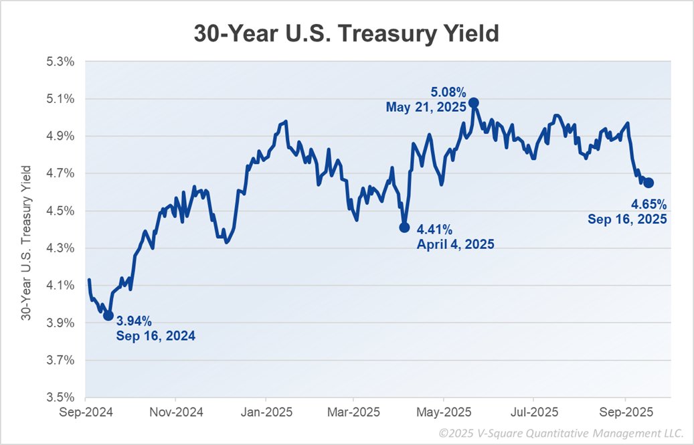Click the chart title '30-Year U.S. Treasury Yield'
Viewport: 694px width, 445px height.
point(346,33)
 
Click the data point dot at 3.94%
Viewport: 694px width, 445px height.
point(108,315)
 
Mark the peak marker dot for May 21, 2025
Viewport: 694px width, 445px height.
point(474,102)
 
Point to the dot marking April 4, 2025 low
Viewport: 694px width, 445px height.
point(404,228)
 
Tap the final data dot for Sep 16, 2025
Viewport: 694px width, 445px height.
point(648,183)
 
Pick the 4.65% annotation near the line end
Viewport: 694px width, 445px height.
point(649,204)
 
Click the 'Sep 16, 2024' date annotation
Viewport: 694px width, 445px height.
point(156,336)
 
